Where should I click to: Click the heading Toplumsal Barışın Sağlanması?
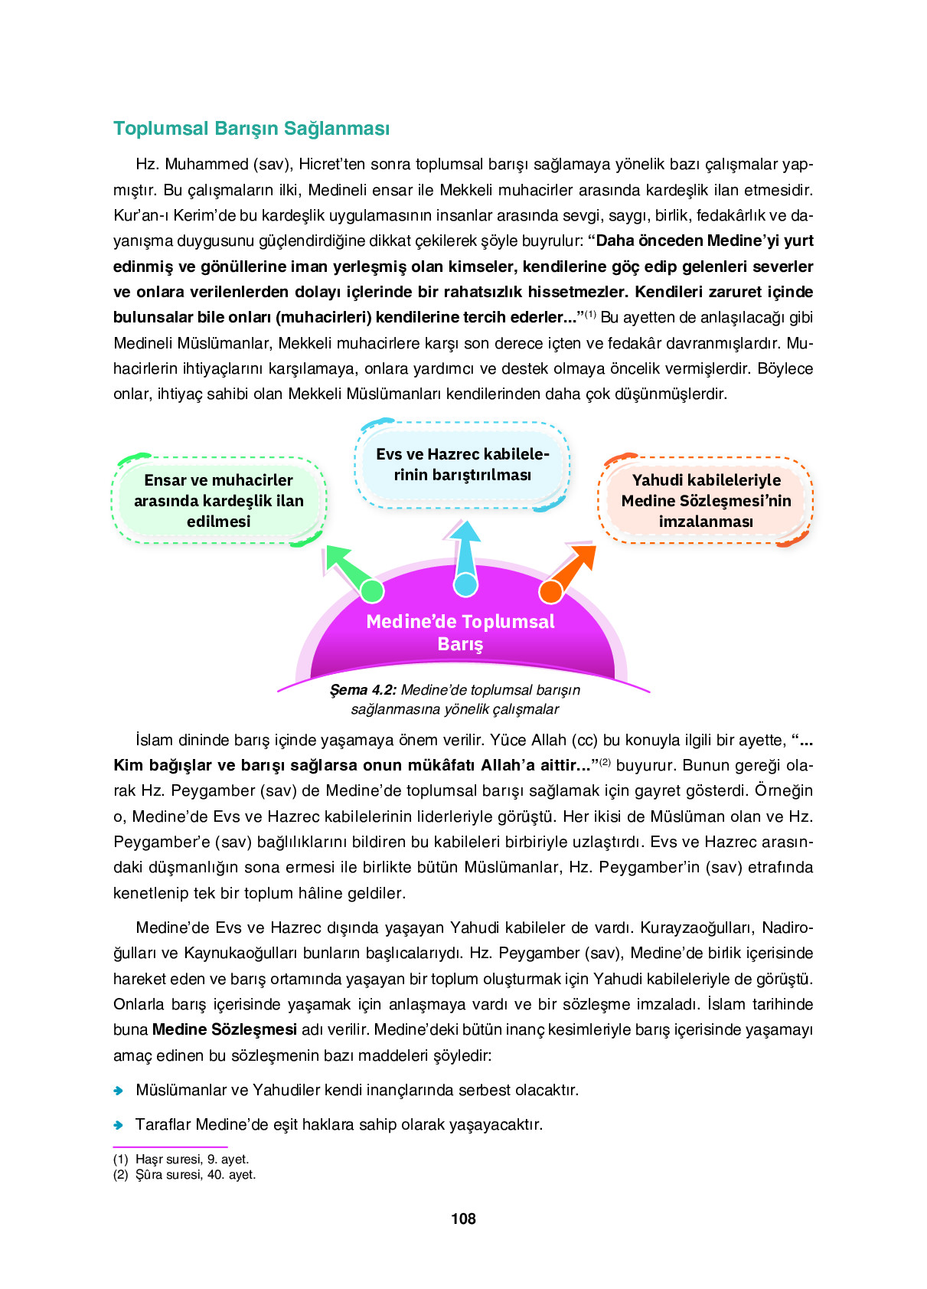[251, 129]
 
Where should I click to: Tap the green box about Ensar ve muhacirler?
[219, 501]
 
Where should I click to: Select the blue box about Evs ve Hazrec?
[462, 465]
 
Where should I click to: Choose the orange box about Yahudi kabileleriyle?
[706, 501]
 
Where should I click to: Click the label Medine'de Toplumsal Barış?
[460, 633]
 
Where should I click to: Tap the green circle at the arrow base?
[372, 591]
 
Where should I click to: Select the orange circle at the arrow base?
[550, 591]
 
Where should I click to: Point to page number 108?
[463, 1219]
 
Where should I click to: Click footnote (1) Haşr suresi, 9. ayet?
[181, 1160]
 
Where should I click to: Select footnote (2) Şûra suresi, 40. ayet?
[184, 1175]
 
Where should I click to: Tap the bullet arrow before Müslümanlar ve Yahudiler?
[119, 1091]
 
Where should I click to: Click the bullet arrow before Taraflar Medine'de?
[119, 1125]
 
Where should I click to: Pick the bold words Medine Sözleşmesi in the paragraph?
[224, 1030]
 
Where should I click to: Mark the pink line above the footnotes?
[170, 1147]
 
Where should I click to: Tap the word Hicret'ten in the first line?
[336, 165]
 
